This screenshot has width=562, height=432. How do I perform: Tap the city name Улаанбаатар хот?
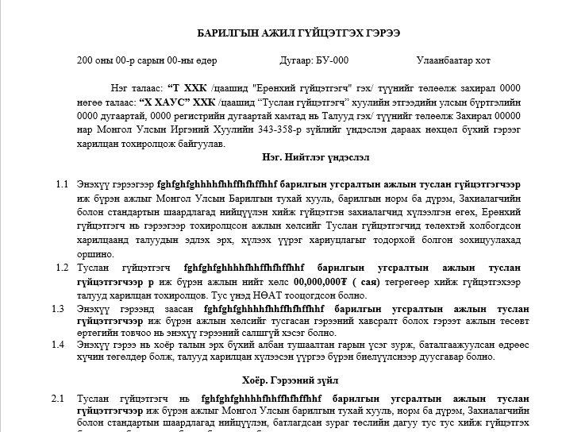pyautogui.click(x=453, y=60)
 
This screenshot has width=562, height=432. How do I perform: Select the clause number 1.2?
pyautogui.click(x=61, y=268)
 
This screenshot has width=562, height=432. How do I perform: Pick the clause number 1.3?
pyautogui.click(x=58, y=308)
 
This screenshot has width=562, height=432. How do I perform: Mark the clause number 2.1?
pyautogui.click(x=58, y=398)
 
